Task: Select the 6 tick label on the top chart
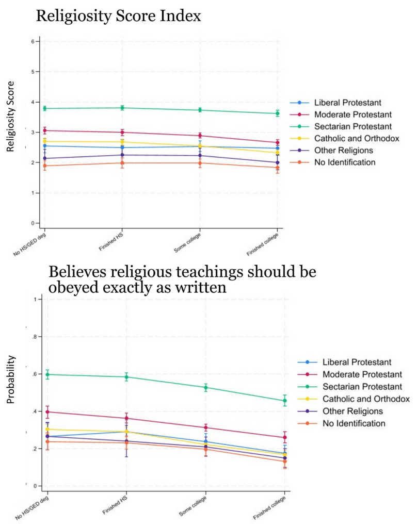pyautogui.click(x=32, y=41)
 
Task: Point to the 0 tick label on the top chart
pyautogui.click(x=32, y=223)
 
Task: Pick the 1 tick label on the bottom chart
pyautogui.click(x=34, y=300)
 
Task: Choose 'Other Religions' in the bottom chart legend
pyautogui.click(x=352, y=411)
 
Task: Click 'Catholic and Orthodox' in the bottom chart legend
pyautogui.click(x=366, y=399)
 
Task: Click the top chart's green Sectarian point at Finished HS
pyautogui.click(x=122, y=108)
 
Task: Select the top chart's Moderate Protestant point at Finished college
pyautogui.click(x=278, y=143)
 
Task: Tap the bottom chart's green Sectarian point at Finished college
pyautogui.click(x=285, y=400)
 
